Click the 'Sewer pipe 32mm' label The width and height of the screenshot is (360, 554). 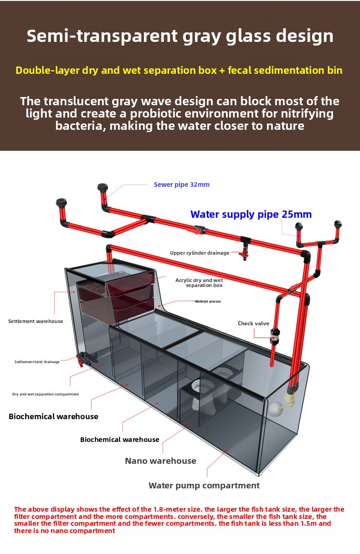(182, 185)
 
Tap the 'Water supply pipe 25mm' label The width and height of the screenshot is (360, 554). (251, 214)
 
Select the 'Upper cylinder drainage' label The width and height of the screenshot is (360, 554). (200, 253)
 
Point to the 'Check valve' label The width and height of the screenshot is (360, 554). (253, 323)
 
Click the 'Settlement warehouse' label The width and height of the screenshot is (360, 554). (36, 321)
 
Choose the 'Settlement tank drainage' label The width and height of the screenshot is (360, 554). (37, 362)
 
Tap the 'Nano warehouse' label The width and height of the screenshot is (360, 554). (160, 461)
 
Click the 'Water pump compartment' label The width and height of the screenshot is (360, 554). (204, 485)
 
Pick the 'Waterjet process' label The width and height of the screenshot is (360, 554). (208, 301)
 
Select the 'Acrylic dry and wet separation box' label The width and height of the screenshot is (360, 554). (199, 282)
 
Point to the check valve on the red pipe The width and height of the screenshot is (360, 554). (275, 337)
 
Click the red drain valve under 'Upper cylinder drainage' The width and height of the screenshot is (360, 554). (244, 254)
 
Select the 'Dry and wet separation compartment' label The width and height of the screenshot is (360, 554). (46, 394)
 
